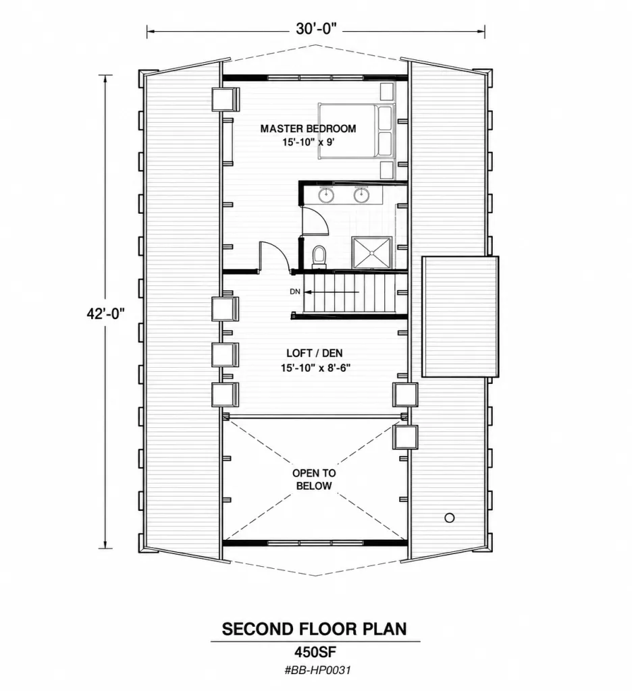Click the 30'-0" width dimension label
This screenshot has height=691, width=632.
click(316, 29)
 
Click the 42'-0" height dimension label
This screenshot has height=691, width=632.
click(105, 314)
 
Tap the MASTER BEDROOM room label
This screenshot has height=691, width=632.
click(308, 129)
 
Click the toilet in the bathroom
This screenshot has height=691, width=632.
click(319, 257)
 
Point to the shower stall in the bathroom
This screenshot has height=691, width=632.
click(372, 252)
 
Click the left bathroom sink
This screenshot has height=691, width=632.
click(326, 194)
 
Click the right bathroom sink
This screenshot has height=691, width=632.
click(361, 194)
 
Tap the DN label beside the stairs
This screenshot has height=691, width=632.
click(295, 292)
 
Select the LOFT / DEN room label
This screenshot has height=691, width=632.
click(315, 353)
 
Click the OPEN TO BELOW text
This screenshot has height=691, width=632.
click(314, 480)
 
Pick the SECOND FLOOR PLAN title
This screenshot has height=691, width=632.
click(314, 629)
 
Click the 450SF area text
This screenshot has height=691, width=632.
click(315, 651)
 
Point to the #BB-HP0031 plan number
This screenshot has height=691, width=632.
click(317, 671)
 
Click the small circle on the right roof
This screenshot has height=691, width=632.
click(450, 518)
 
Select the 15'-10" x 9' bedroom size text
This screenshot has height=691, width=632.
click(311, 143)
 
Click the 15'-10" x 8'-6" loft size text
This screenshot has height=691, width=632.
click(315, 368)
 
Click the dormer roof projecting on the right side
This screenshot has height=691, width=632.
click(460, 316)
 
